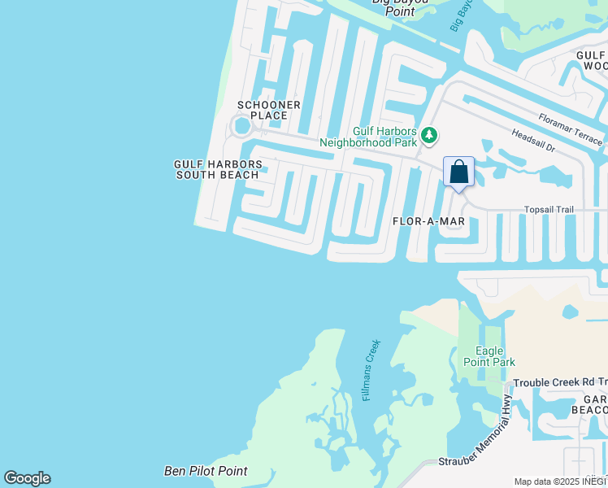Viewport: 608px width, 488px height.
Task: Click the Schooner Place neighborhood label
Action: pyautogui.click(x=269, y=110)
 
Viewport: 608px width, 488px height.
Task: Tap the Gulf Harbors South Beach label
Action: pyautogui.click(x=218, y=169)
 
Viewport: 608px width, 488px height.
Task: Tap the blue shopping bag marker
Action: pyautogui.click(x=458, y=172)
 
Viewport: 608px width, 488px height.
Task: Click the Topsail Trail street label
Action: pyautogui.click(x=548, y=210)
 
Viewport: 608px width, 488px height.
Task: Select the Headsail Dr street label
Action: pyautogui.click(x=532, y=143)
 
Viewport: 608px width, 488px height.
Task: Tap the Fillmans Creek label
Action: pyautogui.click(x=371, y=371)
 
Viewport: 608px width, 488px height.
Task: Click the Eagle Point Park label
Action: pyautogui.click(x=489, y=356)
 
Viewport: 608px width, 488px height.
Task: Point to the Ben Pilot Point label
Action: pyautogui.click(x=206, y=471)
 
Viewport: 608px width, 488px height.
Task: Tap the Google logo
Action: pyautogui.click(x=27, y=478)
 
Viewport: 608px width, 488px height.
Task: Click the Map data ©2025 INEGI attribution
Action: pyautogui.click(x=560, y=481)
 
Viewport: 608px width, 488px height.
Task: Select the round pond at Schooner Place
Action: pyautogui.click(x=241, y=126)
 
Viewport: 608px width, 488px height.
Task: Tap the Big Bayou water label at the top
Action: pyautogui.click(x=460, y=16)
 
